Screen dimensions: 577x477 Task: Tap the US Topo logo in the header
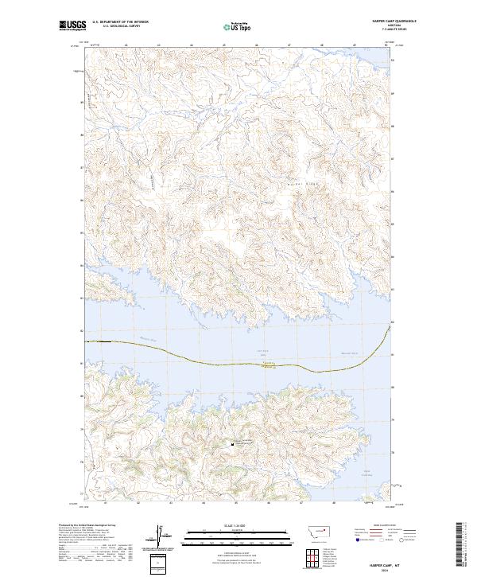[235, 27]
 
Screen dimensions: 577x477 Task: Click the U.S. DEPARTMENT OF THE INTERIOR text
[120, 21]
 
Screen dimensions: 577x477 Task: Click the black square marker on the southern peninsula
[232, 444]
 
